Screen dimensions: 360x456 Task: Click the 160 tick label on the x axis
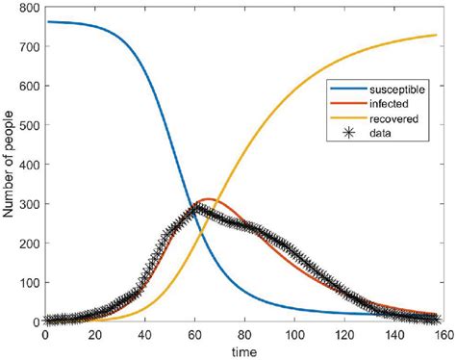[x=443, y=335]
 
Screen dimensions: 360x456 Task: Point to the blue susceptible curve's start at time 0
[x=45, y=21]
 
